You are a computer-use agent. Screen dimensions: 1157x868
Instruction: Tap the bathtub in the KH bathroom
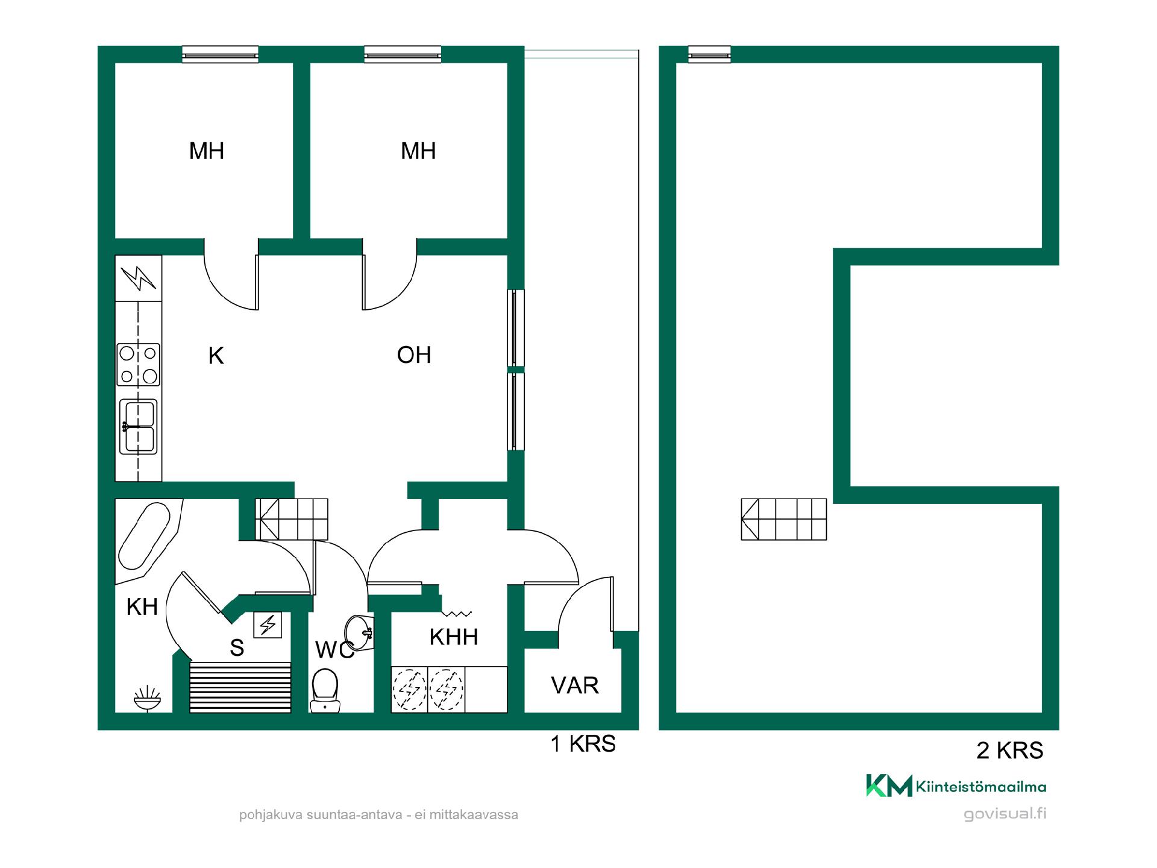(x=144, y=536)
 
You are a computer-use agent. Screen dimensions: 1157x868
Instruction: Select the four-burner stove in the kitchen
(x=139, y=364)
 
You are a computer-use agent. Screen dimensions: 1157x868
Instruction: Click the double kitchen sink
(x=139, y=426)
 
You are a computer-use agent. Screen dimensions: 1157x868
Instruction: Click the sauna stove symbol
(x=268, y=625)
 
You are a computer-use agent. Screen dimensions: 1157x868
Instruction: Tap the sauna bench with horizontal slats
(x=240, y=687)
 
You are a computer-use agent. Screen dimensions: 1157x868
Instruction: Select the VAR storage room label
(x=575, y=685)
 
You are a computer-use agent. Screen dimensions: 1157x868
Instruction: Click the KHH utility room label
(x=454, y=637)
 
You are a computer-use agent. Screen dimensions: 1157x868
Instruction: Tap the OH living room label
(x=414, y=355)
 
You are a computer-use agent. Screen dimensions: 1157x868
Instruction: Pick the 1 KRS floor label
(x=583, y=744)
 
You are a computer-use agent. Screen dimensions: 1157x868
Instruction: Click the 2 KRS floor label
(x=1010, y=750)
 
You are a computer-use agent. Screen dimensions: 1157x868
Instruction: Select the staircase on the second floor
(x=783, y=519)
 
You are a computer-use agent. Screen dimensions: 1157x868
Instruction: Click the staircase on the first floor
(x=292, y=519)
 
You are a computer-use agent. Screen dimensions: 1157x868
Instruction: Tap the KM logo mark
(x=889, y=785)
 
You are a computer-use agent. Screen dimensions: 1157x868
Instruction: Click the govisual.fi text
(x=1005, y=814)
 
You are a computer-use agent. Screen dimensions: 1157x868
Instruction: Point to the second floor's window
(x=709, y=54)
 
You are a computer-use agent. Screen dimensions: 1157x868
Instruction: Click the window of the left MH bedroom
(x=221, y=54)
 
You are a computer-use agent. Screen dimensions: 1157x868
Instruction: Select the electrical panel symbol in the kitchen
(x=139, y=278)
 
